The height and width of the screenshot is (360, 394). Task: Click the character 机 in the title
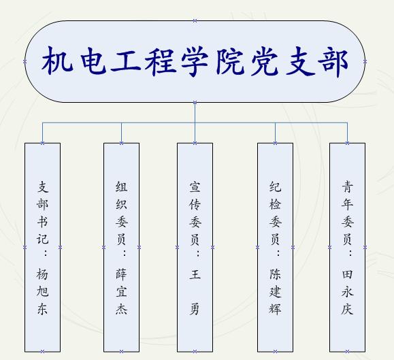[x=57, y=61]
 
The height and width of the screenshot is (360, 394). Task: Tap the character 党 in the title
[x=265, y=61]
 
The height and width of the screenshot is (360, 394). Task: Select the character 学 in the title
[x=195, y=61]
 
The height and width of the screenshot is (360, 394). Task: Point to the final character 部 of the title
[x=333, y=61]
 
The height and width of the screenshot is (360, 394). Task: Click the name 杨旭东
[x=42, y=291]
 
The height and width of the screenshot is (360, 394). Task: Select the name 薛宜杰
[x=122, y=291]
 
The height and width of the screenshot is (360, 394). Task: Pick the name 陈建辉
[x=275, y=291]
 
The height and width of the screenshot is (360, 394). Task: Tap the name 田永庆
[x=347, y=291]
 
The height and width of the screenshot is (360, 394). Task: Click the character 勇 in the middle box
[x=195, y=309]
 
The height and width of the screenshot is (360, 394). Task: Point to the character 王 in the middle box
[x=195, y=274]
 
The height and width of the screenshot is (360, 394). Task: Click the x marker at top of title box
[x=195, y=21]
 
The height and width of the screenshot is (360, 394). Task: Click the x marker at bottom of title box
[x=195, y=102]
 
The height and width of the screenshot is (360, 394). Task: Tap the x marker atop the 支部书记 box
[x=42, y=143]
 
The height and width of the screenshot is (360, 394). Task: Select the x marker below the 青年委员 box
[x=347, y=351]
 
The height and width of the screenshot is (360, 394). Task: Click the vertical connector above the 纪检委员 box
[x=275, y=133]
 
